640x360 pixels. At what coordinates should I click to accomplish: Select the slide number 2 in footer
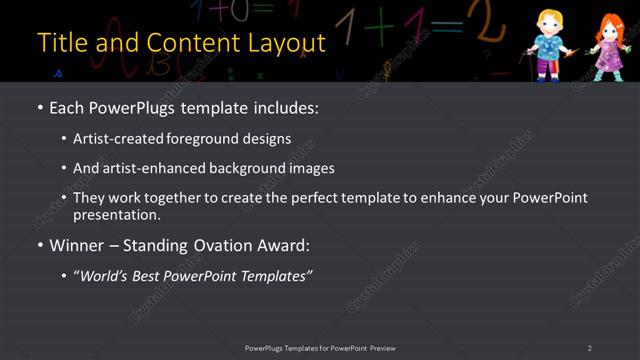click(x=590, y=348)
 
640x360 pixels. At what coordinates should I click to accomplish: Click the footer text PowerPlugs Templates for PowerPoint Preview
click(x=320, y=348)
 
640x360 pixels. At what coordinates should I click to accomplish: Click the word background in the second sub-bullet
click(x=240, y=168)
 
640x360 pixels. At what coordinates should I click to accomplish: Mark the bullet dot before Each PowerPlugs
click(x=40, y=108)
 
